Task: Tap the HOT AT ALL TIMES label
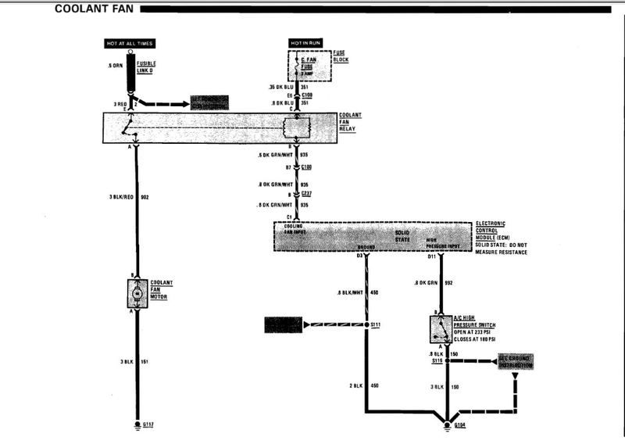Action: [x=130, y=42]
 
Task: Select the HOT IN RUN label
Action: [x=305, y=42]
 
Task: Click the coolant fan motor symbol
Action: [x=136, y=292]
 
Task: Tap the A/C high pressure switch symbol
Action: [x=441, y=328]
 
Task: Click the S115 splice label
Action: [x=437, y=362]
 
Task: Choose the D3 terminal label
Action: [x=360, y=256]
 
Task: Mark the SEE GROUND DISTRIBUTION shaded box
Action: [x=516, y=362]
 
